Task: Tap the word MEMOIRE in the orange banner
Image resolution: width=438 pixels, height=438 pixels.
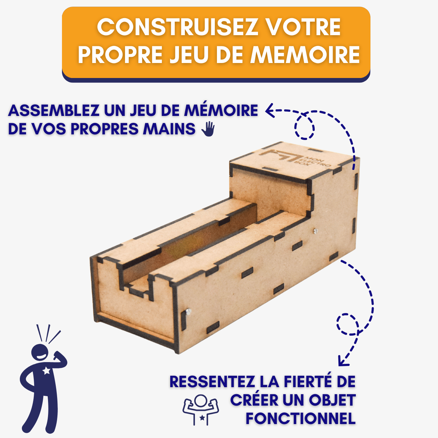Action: click(305, 54)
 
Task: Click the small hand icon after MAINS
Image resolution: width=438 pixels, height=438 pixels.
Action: click(208, 129)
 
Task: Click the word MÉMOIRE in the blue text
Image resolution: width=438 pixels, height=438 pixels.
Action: click(221, 111)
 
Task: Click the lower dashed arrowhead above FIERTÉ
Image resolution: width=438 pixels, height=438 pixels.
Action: click(343, 361)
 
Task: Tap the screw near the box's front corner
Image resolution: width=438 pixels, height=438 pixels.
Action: click(188, 312)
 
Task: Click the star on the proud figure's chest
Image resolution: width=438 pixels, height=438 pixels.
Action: click(46, 371)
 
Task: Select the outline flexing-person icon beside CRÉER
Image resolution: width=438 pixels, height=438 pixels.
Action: click(201, 409)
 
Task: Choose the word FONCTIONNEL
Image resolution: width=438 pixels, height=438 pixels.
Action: click(300, 419)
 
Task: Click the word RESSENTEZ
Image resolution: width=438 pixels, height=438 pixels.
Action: click(212, 382)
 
